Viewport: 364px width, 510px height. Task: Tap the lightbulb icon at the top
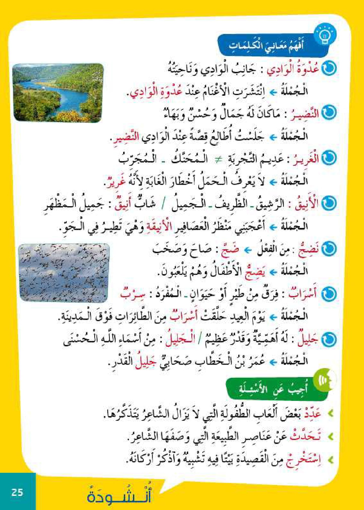[x=325, y=36]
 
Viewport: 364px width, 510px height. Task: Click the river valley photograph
[x=58, y=92]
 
